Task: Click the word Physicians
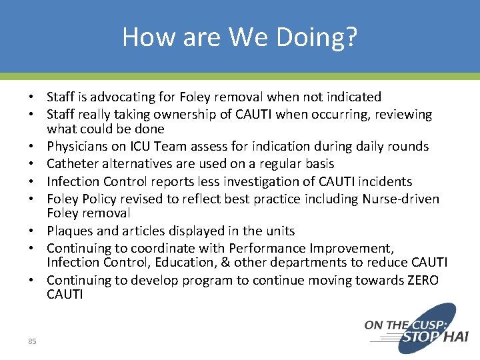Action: [77, 147]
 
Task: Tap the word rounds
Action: [409, 147]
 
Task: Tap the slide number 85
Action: [32, 341]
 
